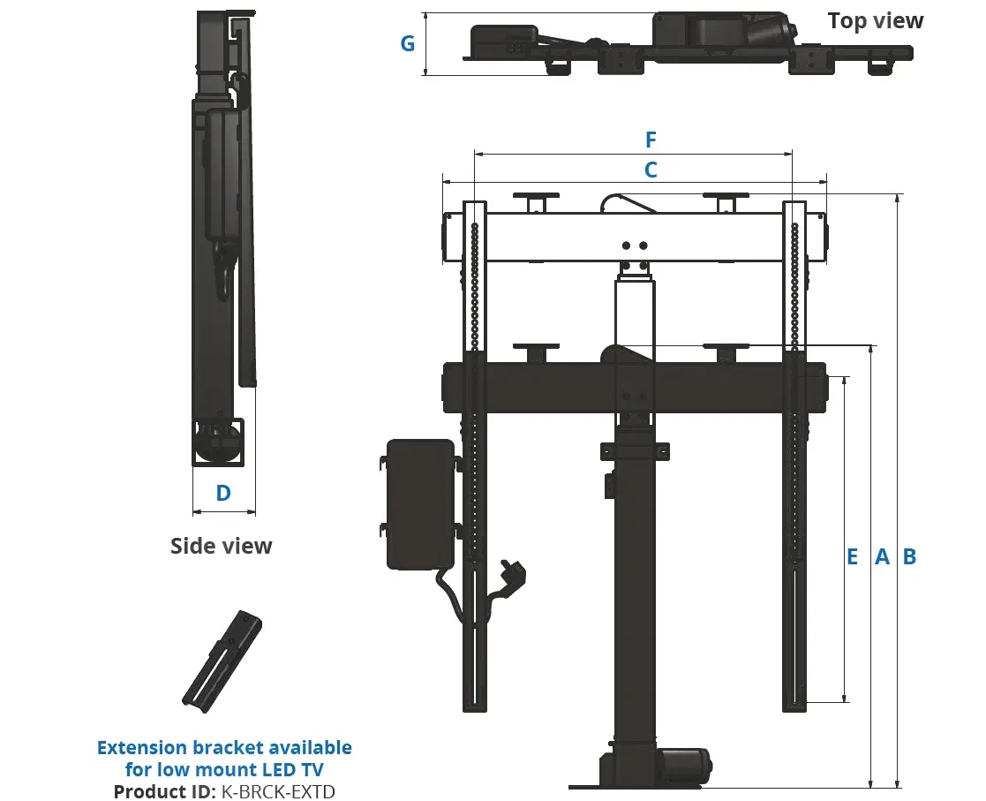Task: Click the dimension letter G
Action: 408,43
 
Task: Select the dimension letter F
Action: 651,140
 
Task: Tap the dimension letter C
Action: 651,170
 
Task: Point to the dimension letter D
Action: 224,493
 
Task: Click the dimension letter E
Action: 853,557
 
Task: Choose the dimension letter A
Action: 882,557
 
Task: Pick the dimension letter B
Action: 910,557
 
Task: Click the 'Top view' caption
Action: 875,21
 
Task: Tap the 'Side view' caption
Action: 222,546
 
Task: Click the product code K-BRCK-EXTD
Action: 276,791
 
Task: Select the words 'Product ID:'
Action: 163,791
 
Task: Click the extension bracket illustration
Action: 222,661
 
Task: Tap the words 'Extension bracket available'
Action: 224,748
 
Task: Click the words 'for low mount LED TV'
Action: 224,769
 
